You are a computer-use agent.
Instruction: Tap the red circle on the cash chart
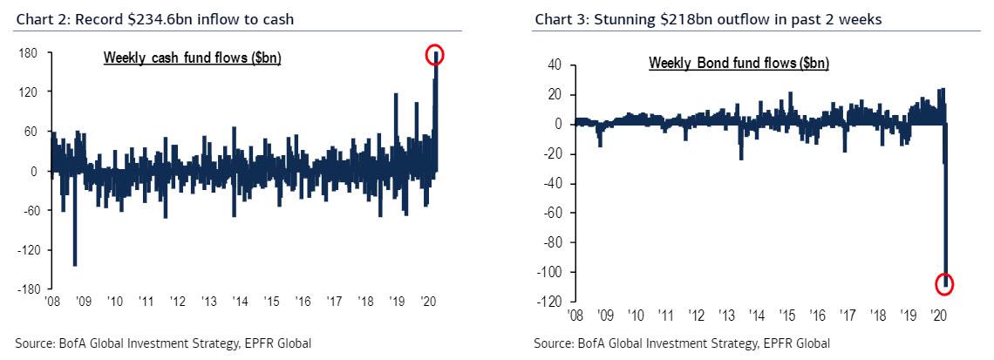435,56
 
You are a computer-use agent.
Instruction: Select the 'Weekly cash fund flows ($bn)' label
192,58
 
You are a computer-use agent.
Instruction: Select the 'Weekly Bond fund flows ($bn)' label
739,64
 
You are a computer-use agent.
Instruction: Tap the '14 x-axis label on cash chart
241,301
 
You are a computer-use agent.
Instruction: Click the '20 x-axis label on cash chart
429,301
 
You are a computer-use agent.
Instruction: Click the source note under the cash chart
163,343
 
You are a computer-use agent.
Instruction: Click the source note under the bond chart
682,343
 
